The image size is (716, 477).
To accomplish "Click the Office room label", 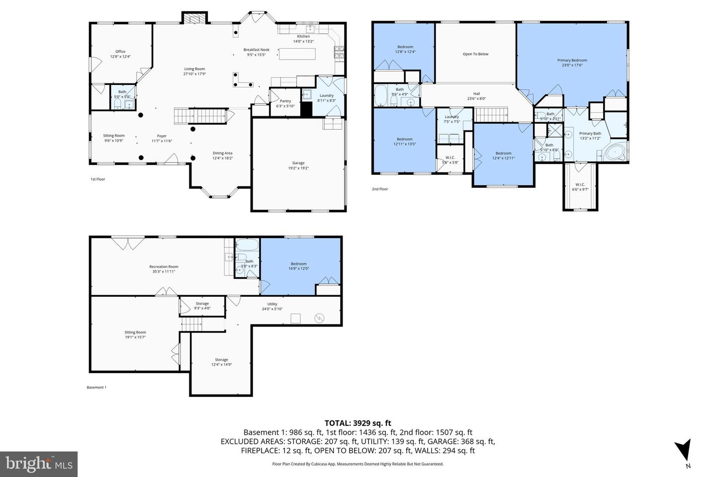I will (120, 52).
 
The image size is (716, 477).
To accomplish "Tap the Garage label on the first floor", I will (298, 163).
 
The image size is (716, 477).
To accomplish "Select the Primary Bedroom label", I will (572, 60).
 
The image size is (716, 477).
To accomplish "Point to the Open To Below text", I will (475, 54).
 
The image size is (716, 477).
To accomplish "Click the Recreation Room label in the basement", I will (164, 267).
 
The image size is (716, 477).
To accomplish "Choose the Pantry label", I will (285, 101).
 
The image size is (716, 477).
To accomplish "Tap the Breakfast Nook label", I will (257, 50).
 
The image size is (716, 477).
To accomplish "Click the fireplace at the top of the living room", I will (193, 18).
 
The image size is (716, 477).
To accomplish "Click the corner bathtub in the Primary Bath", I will (616, 152).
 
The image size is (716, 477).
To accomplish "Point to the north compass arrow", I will (685, 450).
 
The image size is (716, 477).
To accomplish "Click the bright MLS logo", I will (39, 464).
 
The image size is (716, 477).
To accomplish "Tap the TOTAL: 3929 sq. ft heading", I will (358, 423).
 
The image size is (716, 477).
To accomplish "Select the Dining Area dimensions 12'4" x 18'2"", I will (222, 158).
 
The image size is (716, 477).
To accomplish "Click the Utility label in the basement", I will (272, 304).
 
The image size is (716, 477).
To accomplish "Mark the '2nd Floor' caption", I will (380, 189).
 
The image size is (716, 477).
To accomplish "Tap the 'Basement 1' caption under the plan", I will (96, 388).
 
